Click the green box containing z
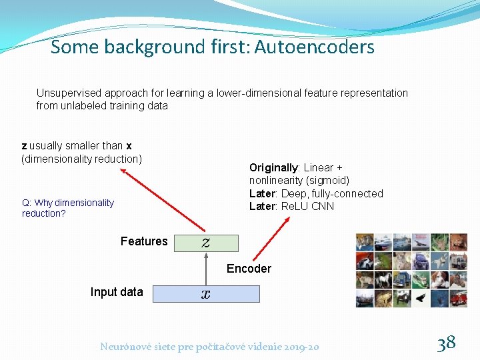pyautogui.click(x=205, y=243)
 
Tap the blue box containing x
pyautogui.click(x=205, y=293)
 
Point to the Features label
pyautogui.click(x=144, y=241)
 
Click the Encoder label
pyautogui.click(x=249, y=269)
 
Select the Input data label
pyautogui.click(x=117, y=292)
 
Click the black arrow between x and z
pyautogui.click(x=205, y=268)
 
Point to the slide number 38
pyautogui.click(x=446, y=343)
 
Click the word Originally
pyautogui.click(x=273, y=168)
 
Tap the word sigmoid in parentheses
pyautogui.click(x=327, y=181)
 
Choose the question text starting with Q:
pyautogui.click(x=67, y=208)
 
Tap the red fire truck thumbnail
pyautogui.click(x=459, y=298)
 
